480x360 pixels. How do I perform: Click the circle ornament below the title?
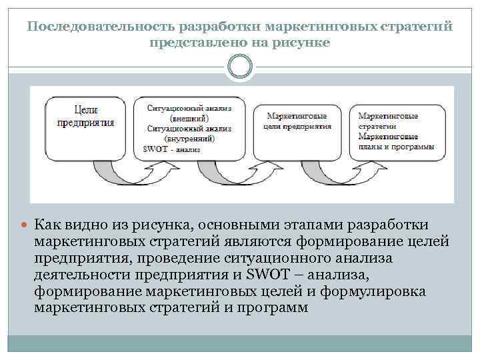(240, 66)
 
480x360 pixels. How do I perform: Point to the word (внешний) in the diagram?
(184, 117)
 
